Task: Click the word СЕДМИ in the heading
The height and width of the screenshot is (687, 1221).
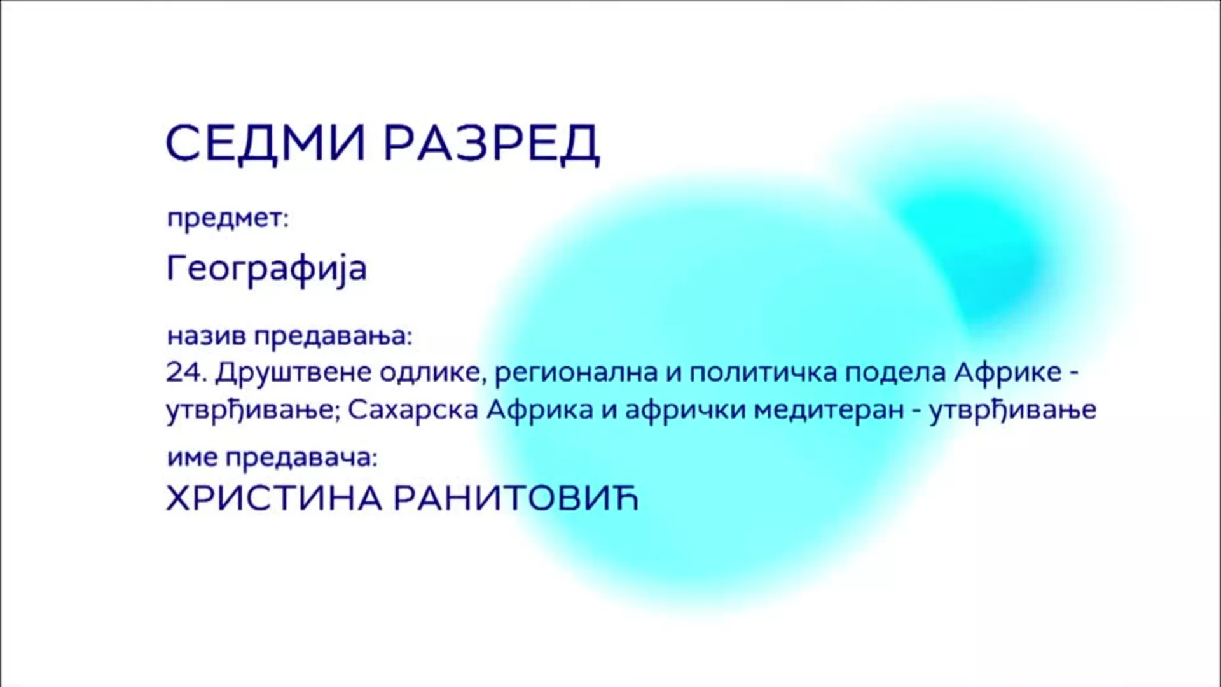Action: tap(266, 142)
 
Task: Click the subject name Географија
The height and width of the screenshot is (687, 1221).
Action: tap(267, 268)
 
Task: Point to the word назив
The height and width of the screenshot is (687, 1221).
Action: tap(206, 337)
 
